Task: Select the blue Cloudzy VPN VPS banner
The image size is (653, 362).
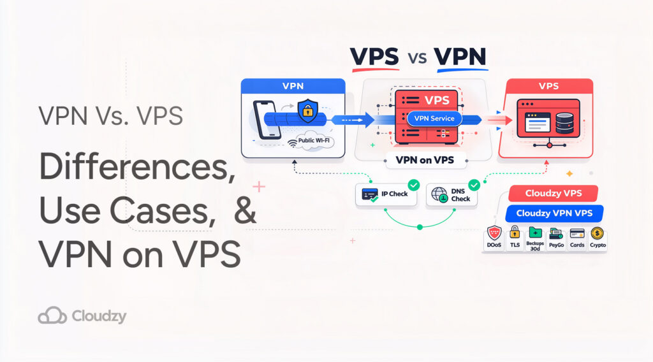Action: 554,214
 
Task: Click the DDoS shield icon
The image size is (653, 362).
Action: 494,234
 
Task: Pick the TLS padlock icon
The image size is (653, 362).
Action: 515,234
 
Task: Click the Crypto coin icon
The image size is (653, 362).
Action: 598,234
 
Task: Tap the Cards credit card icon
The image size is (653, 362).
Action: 577,234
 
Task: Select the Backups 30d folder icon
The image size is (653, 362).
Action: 535,234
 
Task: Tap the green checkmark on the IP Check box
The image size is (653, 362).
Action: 413,185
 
